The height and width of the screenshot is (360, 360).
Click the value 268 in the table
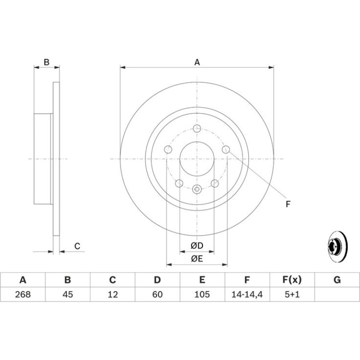click(x=23, y=295)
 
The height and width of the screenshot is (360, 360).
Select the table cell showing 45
click(x=68, y=295)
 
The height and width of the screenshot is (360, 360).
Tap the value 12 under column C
click(x=113, y=295)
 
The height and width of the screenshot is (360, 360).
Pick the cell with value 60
click(x=158, y=295)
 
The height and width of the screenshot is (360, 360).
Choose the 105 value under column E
click(x=202, y=295)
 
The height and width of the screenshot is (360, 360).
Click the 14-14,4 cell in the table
click(x=247, y=295)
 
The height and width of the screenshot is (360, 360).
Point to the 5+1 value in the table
click(x=292, y=295)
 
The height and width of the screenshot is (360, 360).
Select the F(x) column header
click(x=292, y=280)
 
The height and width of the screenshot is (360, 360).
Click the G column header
click(x=337, y=280)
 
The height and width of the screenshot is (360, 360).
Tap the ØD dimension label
click(x=197, y=245)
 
